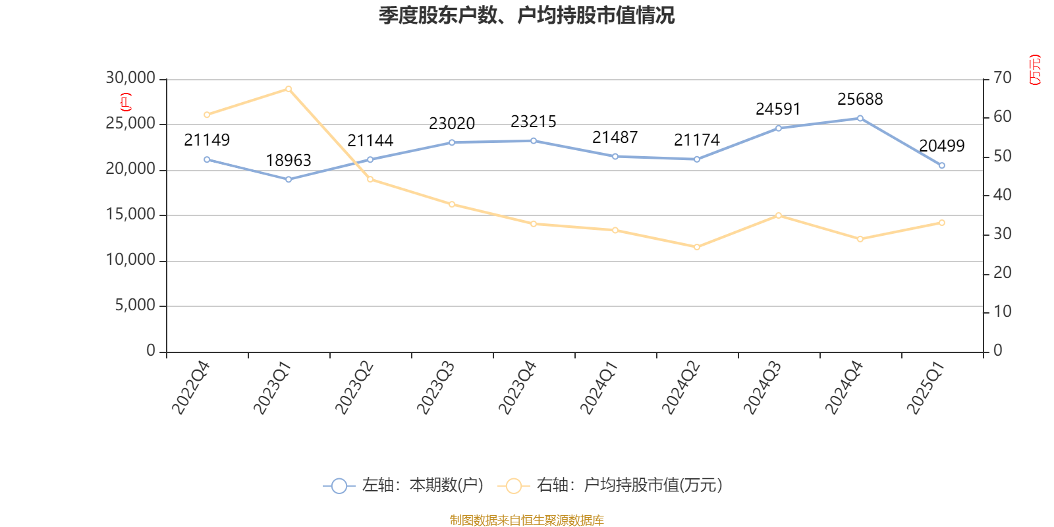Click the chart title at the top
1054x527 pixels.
526,15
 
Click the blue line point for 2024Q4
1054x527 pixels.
860,119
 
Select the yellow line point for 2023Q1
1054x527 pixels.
289,88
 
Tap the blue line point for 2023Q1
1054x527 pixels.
289,179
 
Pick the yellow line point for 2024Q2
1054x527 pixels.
696,247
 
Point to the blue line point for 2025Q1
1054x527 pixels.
941,165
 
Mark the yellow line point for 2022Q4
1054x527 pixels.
207,115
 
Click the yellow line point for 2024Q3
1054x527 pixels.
778,215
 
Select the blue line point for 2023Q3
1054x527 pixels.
452,142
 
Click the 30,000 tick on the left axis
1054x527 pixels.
130,78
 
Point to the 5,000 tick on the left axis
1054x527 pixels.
135,306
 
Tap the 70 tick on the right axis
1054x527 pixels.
1002,78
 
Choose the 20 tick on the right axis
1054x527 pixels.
1002,273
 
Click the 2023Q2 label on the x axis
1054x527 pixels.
354,388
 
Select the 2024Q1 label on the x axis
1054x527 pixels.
599,388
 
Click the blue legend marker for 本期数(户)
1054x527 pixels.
339,486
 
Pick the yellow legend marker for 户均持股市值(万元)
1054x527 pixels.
513,486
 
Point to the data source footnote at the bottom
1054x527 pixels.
526,520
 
